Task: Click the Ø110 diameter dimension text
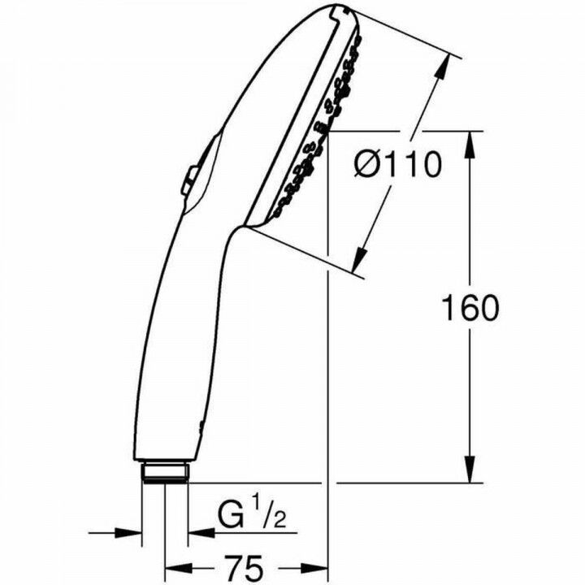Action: click(397, 166)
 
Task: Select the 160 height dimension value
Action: click(469, 308)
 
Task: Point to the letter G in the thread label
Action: click(231, 515)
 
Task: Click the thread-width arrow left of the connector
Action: click(130, 534)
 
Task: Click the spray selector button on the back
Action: click(188, 180)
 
